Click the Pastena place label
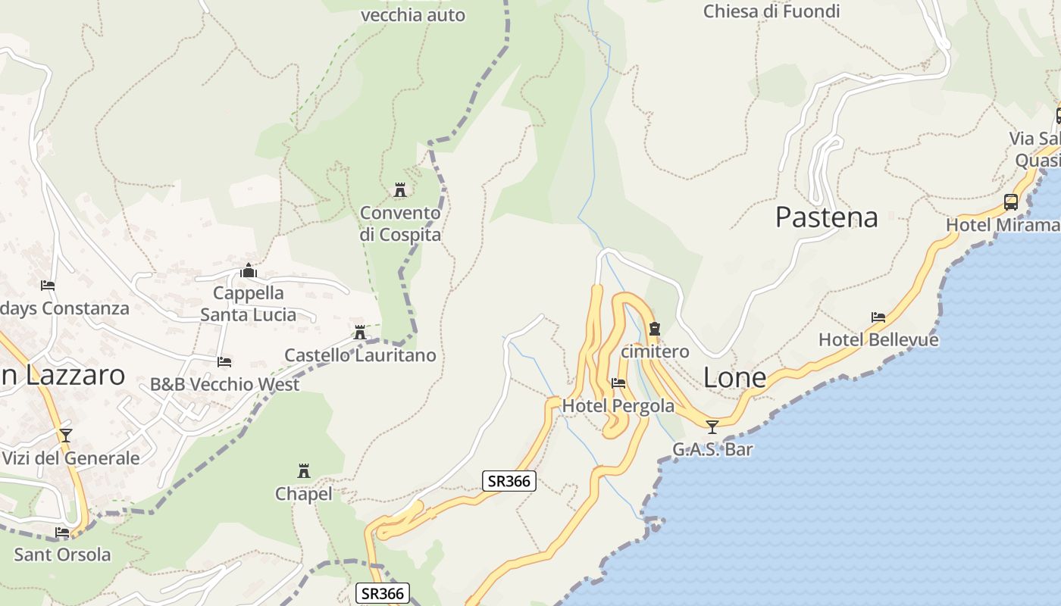(826, 217)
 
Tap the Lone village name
(734, 377)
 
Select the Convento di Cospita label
(400, 223)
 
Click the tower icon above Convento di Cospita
(400, 189)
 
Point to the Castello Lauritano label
(360, 355)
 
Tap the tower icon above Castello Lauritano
(360, 332)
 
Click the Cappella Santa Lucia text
(249, 303)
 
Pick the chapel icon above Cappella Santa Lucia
(249, 270)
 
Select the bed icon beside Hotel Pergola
(618, 383)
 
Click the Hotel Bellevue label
(878, 339)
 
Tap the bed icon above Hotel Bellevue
(878, 317)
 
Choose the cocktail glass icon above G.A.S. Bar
(712, 427)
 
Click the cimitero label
(655, 351)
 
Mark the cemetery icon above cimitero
(655, 329)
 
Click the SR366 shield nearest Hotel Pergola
(509, 480)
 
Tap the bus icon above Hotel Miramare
(1011, 202)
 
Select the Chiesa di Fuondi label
(771, 11)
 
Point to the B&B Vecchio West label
(224, 384)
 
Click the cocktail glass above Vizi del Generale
(66, 436)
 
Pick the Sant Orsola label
(62, 554)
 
